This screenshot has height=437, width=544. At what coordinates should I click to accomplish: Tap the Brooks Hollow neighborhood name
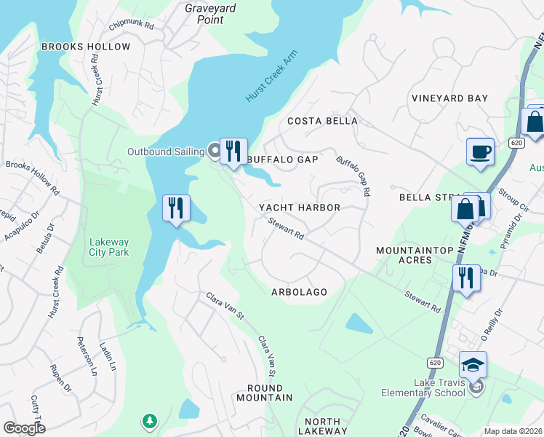(86, 47)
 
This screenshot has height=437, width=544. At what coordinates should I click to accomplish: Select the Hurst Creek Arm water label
(267, 82)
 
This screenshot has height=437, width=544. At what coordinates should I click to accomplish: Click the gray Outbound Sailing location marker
(214, 151)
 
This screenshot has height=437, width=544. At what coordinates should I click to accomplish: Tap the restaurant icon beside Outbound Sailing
(233, 151)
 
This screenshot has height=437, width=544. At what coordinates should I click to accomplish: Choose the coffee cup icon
(480, 151)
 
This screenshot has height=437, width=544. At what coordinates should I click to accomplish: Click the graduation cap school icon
(473, 363)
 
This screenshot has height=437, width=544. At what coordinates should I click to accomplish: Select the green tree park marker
(149, 420)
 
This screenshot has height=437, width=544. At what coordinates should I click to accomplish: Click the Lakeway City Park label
(109, 248)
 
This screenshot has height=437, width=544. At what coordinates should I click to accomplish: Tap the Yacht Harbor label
(300, 208)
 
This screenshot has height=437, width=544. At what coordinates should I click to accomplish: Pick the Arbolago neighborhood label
(299, 291)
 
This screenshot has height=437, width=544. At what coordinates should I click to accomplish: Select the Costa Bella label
(322, 121)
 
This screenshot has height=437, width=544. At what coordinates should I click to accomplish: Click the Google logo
(24, 428)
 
